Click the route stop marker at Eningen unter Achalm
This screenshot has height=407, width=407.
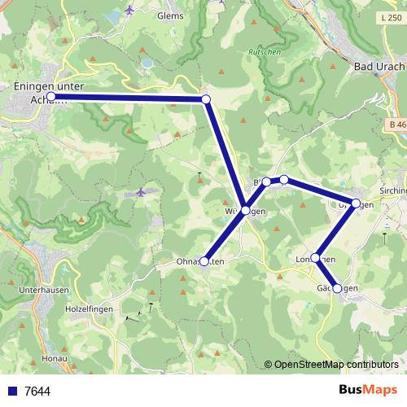click(x=51, y=96)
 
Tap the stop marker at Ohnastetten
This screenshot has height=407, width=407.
click(x=204, y=261)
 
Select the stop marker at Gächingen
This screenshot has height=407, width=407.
click(x=337, y=288)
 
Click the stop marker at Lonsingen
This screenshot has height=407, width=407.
click(x=316, y=258)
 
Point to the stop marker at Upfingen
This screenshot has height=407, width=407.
click(x=356, y=203)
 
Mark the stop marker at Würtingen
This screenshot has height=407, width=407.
click(x=245, y=211)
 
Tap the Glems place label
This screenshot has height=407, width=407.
click(x=170, y=15)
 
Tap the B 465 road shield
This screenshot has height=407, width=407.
click(x=396, y=124)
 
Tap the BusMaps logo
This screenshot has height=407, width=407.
click(x=368, y=390)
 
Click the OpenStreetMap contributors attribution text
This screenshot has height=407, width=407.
click(x=335, y=365)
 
